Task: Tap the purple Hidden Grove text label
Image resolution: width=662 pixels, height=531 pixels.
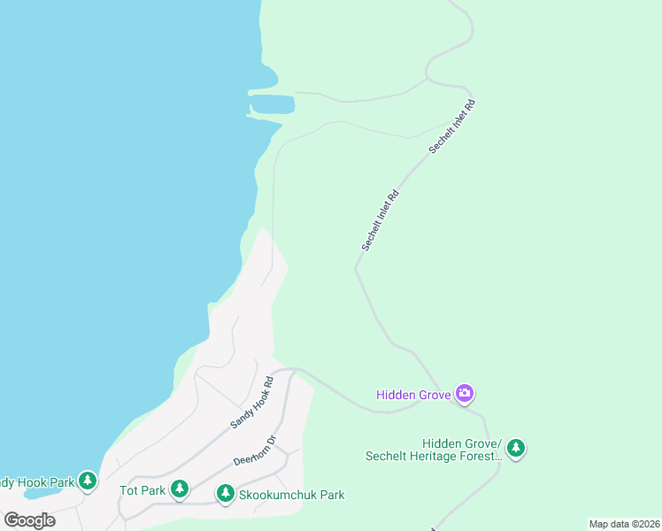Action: pos(413,395)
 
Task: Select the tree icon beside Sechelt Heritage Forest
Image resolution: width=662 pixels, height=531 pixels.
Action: pos(515,449)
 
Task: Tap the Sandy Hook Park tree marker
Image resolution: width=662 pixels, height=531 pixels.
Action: pos(87,481)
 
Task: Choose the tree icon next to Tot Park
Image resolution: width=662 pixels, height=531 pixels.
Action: pos(180,489)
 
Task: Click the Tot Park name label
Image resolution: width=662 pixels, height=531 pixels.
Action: pos(142,489)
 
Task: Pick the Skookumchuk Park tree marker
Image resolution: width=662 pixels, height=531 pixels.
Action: pos(226,493)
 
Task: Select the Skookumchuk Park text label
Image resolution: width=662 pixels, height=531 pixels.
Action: pos(291,495)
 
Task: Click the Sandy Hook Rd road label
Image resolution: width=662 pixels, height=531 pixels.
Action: pos(252,403)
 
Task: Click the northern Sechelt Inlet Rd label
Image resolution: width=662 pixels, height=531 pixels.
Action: pos(452,127)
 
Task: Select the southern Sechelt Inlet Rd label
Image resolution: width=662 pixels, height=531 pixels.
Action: pos(381,219)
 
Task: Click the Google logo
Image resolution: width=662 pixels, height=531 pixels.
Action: pos(29,519)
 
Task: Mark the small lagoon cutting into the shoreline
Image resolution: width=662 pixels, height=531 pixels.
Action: pos(274,104)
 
